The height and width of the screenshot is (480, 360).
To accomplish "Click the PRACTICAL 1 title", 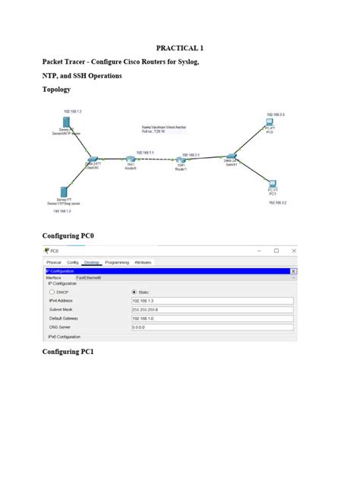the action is point(179,48).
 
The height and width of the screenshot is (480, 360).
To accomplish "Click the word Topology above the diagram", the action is point(56,89).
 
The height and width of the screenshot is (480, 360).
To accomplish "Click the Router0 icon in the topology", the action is point(130,157).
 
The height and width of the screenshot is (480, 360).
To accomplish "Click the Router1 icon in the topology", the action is point(181,158).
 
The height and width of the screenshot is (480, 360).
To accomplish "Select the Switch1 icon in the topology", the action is point(231,157).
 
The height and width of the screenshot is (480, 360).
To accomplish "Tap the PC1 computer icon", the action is point(272,183).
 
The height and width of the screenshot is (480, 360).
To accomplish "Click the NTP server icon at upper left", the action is point(68,123).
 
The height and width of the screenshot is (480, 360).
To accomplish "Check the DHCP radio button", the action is point(52,291).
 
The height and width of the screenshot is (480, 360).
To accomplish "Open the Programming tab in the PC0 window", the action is point(117,262).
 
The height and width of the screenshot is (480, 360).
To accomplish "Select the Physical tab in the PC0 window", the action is point(53,262).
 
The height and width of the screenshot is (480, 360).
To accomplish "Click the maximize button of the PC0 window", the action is point(276,251).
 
